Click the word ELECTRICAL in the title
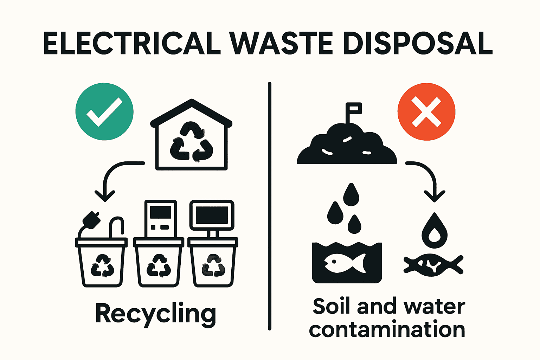(131, 43)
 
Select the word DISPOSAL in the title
(418, 43)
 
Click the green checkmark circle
(104, 111)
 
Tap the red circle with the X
(426, 112)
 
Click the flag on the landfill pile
(354, 109)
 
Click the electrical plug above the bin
(91, 219)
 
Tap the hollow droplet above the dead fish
(435, 231)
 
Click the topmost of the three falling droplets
(351, 195)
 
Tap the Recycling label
(155, 314)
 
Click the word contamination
(387, 330)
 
